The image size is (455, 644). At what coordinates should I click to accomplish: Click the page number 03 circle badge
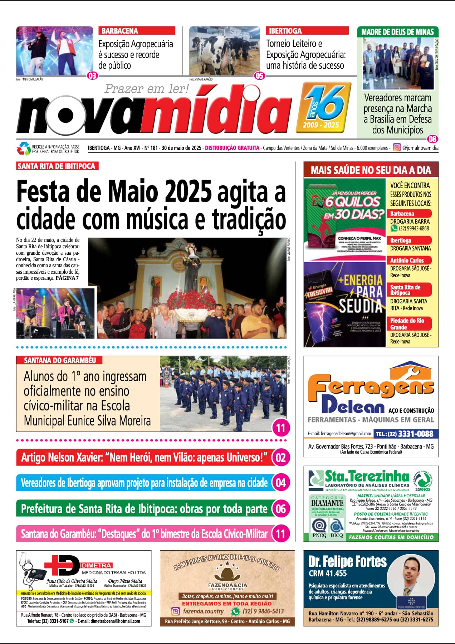point(92,75)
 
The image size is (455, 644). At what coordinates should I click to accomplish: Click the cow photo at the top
point(224,50)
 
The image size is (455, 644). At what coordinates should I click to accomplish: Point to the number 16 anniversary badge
point(324,106)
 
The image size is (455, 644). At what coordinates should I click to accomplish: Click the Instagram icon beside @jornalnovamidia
point(397,147)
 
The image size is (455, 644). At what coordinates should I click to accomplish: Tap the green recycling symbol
point(24,148)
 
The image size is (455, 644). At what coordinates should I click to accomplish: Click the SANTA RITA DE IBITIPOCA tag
point(57,166)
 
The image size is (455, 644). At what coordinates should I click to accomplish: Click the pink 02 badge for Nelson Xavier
point(280,458)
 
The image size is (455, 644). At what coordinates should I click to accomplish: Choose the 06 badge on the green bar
point(280,509)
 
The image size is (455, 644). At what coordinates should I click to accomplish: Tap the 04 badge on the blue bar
point(280,483)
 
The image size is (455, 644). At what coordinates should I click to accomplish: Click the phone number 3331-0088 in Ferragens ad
point(415,434)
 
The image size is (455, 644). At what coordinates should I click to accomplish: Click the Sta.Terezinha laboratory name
point(366,476)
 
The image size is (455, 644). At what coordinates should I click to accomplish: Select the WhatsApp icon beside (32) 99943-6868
point(394,228)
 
